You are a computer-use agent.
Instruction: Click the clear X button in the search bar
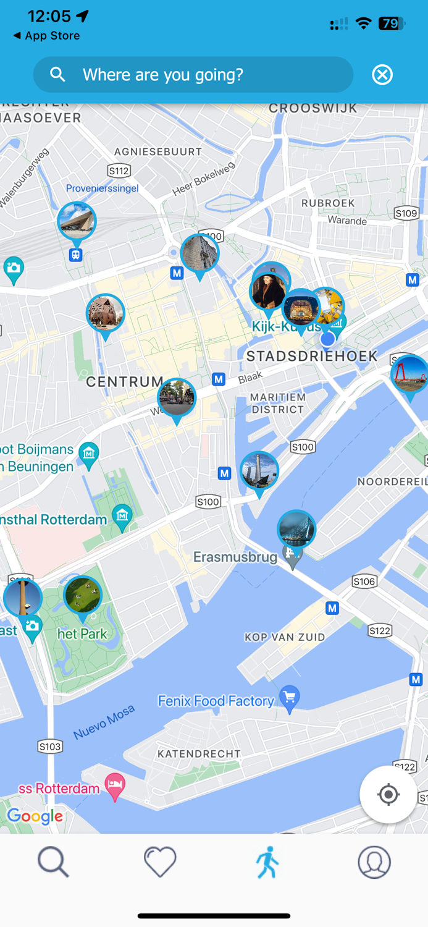tap(382, 75)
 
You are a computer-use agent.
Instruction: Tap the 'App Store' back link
tap(47, 36)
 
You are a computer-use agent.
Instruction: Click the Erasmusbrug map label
tap(235, 557)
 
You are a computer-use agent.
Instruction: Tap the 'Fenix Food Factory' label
tap(216, 701)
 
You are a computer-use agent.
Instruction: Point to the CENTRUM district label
tap(124, 382)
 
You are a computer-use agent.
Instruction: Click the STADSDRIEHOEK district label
tap(312, 356)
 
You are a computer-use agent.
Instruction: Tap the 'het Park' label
tap(82, 633)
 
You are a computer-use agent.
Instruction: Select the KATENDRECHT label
tap(199, 754)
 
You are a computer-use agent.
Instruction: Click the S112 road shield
tap(119, 171)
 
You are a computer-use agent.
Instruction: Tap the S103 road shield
tap(50, 747)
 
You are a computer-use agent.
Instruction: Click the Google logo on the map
tap(35, 816)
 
